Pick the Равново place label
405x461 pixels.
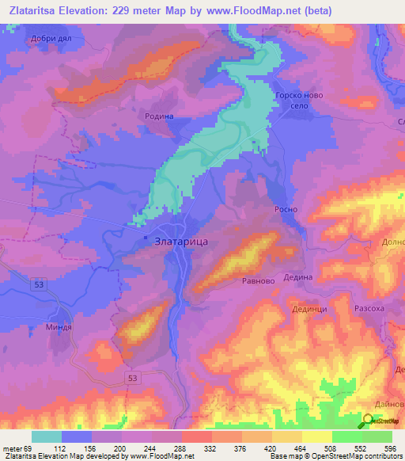coord(258,280)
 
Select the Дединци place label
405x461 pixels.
coord(309,310)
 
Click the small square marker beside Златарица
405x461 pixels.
coord(146,237)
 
